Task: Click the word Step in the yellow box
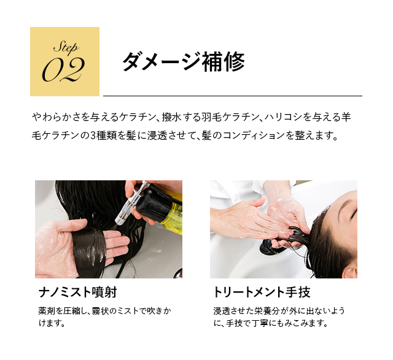click(66, 47)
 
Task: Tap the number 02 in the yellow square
click(63, 69)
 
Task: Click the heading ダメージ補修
click(184, 61)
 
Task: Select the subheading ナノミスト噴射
click(78, 292)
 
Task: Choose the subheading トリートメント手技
click(262, 292)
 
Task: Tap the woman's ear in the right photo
click(351, 273)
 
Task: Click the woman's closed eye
click(353, 214)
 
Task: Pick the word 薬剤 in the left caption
click(44, 311)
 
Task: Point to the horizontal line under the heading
click(233, 96)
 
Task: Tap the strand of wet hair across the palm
click(89, 253)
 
